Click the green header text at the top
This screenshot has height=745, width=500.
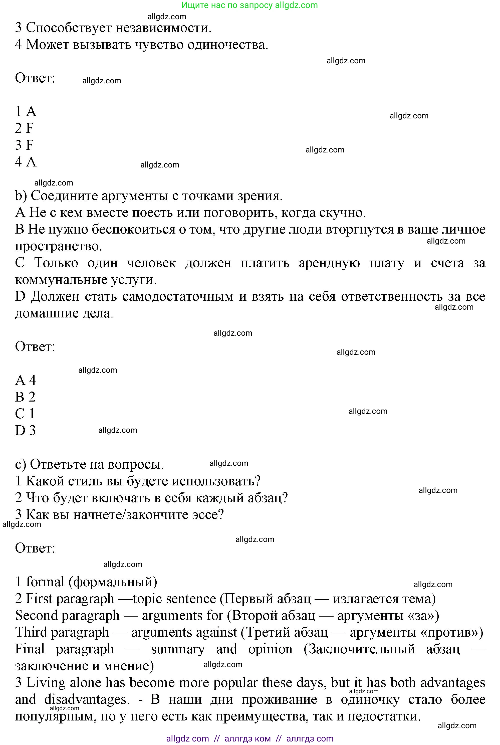point(250,6)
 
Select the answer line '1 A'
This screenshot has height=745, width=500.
point(26,112)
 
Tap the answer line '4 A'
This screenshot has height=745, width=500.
point(26,162)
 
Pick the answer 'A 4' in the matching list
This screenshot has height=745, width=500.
point(26,380)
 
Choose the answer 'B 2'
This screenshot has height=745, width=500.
point(25,397)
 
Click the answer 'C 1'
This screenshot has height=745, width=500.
point(25,414)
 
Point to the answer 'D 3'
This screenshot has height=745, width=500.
point(26,431)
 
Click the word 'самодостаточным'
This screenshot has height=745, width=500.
point(178,297)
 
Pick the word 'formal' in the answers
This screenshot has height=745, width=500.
point(45,582)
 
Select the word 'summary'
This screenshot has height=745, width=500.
point(178,649)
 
